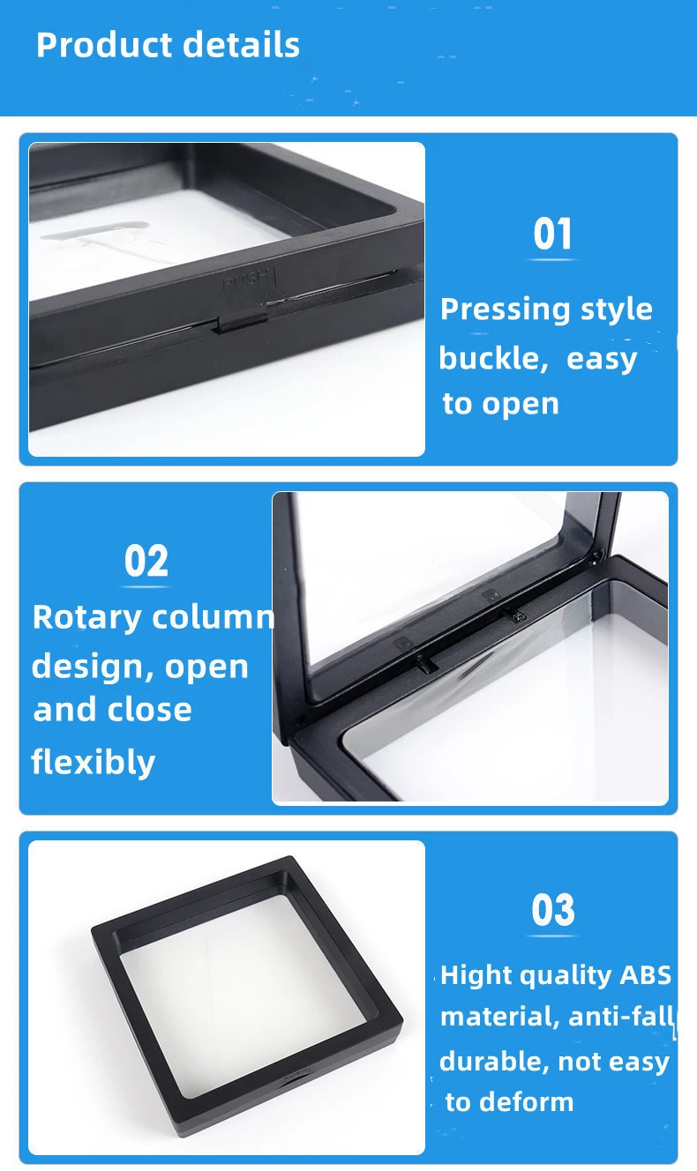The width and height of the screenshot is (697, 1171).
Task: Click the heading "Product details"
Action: point(168,44)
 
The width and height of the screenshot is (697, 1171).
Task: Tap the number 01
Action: point(552,235)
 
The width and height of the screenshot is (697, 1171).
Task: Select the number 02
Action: point(146,561)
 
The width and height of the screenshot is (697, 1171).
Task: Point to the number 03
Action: point(552,910)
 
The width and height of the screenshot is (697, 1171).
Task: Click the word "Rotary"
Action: point(86,618)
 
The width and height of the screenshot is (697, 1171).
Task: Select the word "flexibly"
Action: point(93,762)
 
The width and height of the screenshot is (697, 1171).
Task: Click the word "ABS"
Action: point(646,975)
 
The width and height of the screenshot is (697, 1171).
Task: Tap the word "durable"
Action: point(494,1062)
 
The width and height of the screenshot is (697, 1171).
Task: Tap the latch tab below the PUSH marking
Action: point(242,323)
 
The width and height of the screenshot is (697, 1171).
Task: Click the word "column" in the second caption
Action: point(213,618)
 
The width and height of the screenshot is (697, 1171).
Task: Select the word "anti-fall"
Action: point(622,1017)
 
